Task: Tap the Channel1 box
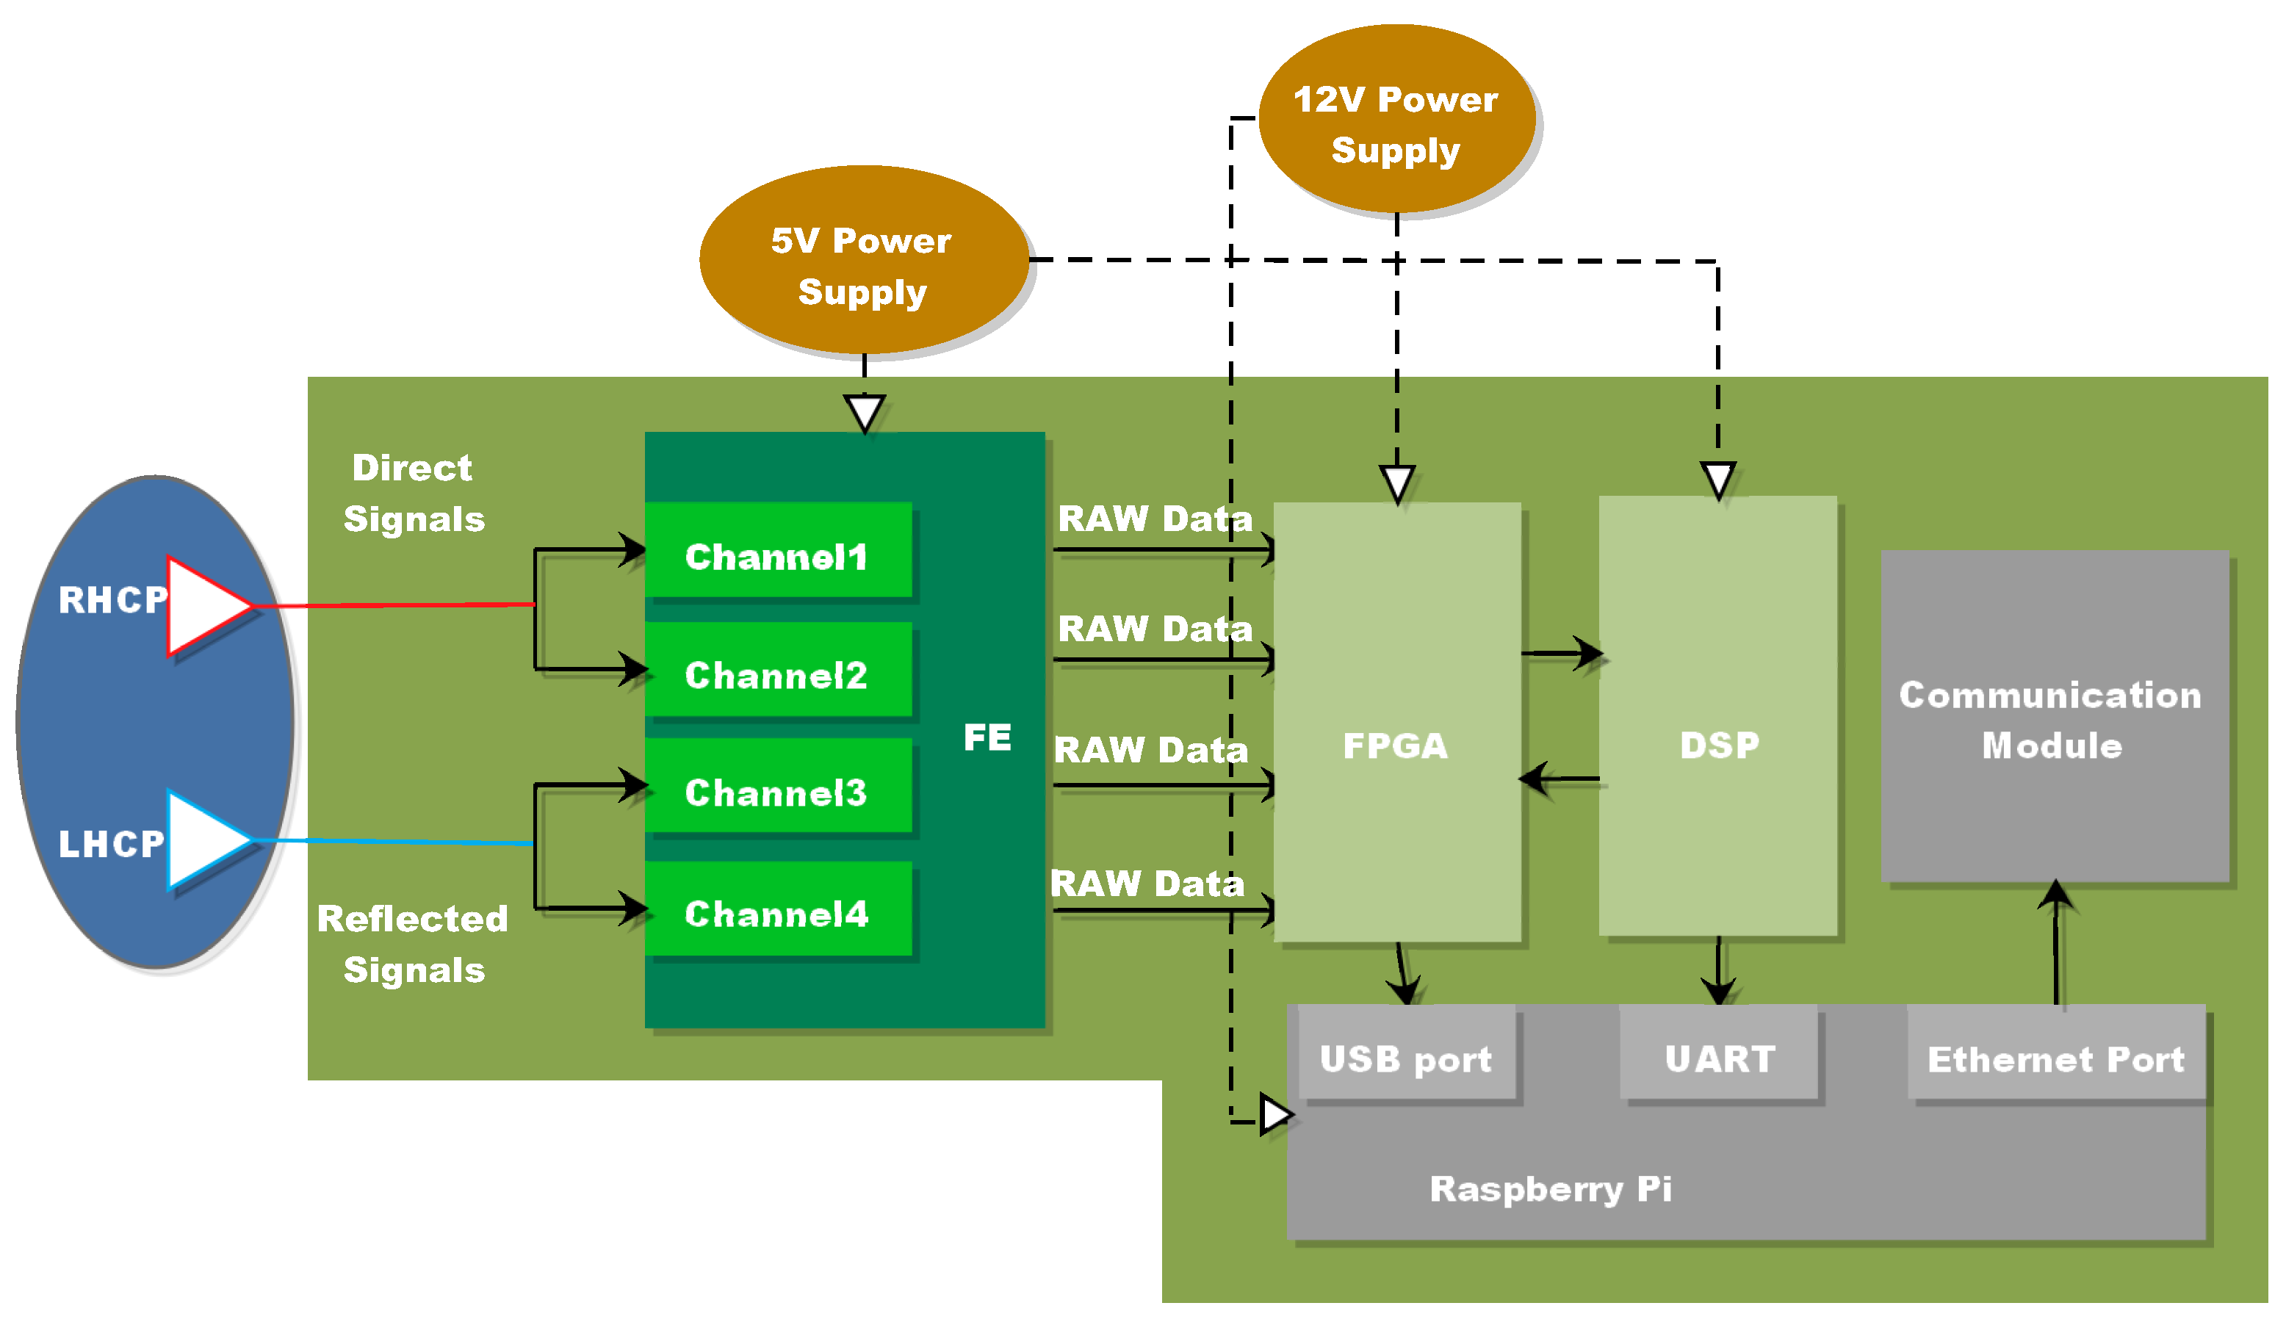(x=777, y=551)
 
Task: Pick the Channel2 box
(x=777, y=669)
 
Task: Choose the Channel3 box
(x=777, y=787)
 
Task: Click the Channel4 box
(x=777, y=909)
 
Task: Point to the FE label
(x=987, y=737)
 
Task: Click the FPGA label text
(x=1395, y=745)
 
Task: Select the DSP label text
(x=1719, y=745)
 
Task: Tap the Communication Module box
(x=2055, y=716)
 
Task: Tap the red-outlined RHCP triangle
(x=204, y=606)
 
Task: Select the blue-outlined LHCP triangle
(x=204, y=840)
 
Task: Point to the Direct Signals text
(x=414, y=494)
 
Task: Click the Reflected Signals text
(x=414, y=944)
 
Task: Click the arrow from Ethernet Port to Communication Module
(x=2055, y=943)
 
